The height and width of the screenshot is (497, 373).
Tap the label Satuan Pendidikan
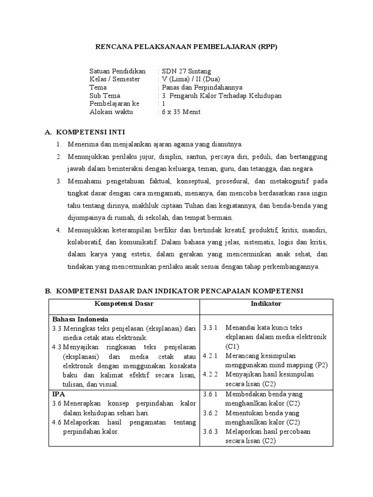click(x=118, y=71)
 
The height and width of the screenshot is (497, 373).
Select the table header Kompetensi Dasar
click(x=124, y=303)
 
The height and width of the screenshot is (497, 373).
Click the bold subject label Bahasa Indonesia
click(x=80, y=319)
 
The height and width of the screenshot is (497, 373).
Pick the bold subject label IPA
click(x=59, y=394)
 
